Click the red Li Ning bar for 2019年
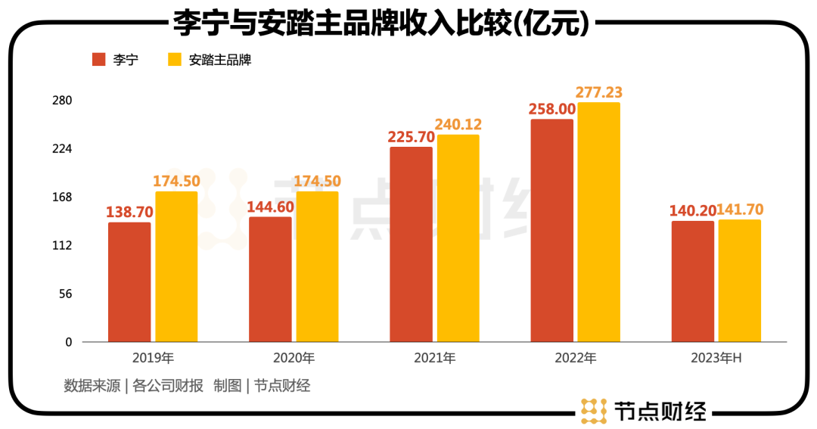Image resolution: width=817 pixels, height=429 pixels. (x=129, y=282)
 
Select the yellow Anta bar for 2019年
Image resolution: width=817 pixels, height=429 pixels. (x=176, y=266)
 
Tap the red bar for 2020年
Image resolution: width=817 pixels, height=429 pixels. (x=270, y=279)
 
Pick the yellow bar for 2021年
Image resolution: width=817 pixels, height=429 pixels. (x=458, y=238)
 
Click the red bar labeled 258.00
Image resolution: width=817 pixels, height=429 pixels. (x=551, y=231)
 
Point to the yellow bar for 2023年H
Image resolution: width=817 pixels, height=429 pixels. (x=739, y=281)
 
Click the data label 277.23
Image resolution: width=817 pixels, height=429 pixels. (x=598, y=92)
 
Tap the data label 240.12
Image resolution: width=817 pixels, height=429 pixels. (x=458, y=125)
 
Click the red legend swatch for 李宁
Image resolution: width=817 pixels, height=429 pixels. (x=98, y=60)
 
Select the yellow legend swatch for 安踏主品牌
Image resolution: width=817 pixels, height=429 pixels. (x=175, y=60)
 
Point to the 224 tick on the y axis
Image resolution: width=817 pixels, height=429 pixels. (x=62, y=149)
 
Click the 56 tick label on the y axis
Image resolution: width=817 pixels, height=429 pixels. (x=65, y=294)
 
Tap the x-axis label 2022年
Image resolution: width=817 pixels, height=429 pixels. (x=576, y=358)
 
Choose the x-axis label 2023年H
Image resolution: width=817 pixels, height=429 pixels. (x=716, y=358)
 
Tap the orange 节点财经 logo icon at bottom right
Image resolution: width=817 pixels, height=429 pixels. (x=594, y=410)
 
